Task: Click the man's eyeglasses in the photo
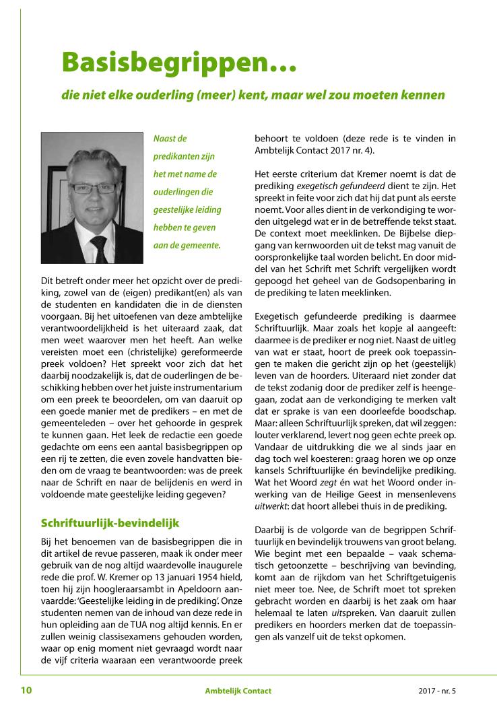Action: click(92, 188)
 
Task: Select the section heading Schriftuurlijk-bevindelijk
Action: click(110, 522)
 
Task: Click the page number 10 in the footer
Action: click(26, 690)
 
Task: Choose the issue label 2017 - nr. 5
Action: click(436, 691)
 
